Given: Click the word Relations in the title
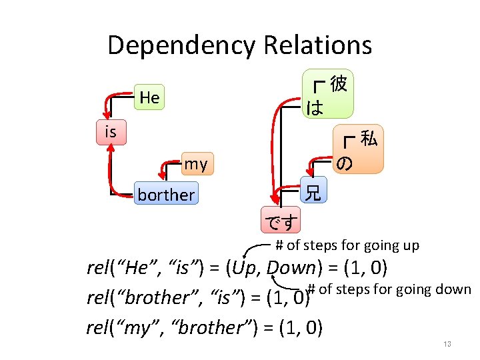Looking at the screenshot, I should click(x=317, y=45).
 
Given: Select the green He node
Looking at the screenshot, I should click(x=149, y=98).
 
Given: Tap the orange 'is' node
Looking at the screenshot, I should click(x=110, y=132).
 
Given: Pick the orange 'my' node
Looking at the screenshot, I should click(x=195, y=164).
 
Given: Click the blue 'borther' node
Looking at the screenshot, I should click(x=166, y=195).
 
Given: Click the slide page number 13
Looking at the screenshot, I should click(x=447, y=344).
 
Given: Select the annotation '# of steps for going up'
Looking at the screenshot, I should click(x=347, y=245).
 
